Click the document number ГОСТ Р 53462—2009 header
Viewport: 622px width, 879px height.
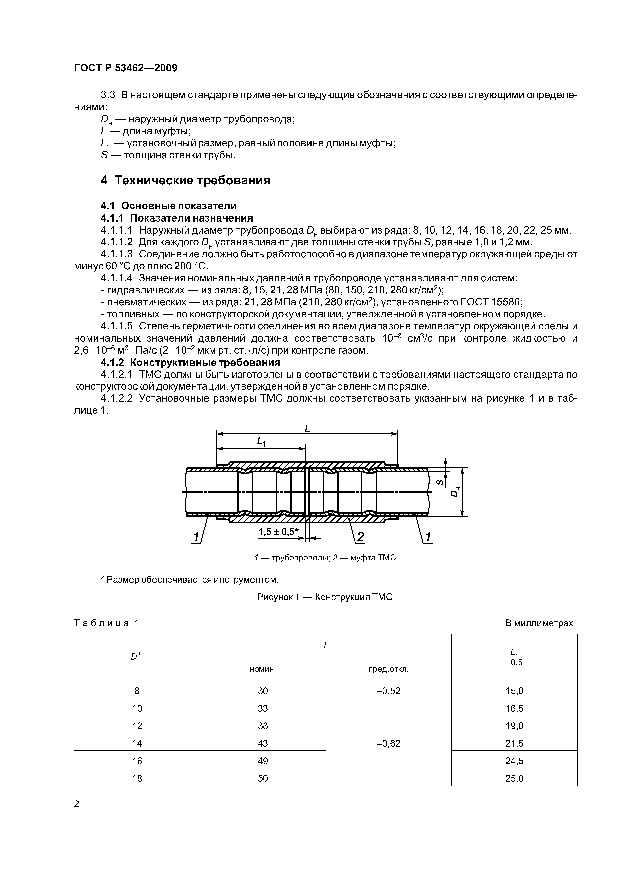point(125,68)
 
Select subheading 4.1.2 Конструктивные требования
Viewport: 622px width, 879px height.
point(190,362)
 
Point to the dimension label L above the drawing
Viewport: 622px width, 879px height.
point(307,429)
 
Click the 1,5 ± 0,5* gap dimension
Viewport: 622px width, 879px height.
point(279,532)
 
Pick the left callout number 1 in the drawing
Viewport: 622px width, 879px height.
point(196,537)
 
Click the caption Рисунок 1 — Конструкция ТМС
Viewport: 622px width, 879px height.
point(325,597)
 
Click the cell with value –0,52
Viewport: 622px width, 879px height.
point(388,691)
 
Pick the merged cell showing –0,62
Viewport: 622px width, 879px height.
point(388,743)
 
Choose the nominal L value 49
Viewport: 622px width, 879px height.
point(263,761)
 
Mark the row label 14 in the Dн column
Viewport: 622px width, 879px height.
point(137,743)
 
